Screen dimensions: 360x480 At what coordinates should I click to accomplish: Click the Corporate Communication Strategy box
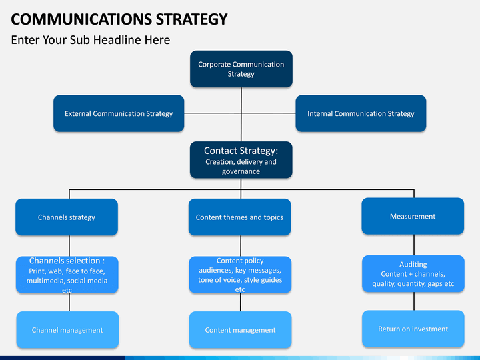click(x=241, y=69)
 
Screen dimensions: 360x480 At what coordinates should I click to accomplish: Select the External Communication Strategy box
click(x=119, y=113)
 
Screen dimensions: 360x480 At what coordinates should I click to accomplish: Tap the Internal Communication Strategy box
click(x=361, y=113)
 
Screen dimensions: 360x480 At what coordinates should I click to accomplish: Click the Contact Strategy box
click(x=241, y=160)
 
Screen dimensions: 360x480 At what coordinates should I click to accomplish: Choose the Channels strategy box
click(x=67, y=217)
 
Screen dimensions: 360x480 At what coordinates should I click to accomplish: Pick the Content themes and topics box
click(x=239, y=217)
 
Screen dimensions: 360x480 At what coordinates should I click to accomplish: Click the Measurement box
click(x=413, y=216)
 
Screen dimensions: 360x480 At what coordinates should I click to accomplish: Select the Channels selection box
click(x=67, y=275)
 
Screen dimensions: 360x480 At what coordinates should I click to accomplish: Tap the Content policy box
click(x=240, y=275)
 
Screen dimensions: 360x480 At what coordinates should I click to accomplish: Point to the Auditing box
click(x=413, y=274)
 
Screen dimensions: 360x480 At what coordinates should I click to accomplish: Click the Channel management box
click(x=67, y=330)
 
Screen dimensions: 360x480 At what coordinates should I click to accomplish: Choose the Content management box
click(x=240, y=330)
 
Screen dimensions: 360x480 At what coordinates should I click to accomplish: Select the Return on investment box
click(x=413, y=329)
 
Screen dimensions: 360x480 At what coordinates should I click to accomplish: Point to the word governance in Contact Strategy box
click(x=241, y=171)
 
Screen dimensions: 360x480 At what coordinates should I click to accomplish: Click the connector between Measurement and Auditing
click(x=413, y=245)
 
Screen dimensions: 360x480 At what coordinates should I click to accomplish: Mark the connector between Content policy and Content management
click(x=241, y=303)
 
